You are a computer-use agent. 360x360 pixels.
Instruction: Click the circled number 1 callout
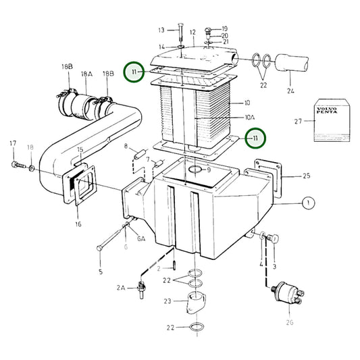[x=308, y=202]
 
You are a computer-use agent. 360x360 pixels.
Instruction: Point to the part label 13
[x=161, y=30]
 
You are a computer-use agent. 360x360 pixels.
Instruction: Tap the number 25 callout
[x=305, y=176]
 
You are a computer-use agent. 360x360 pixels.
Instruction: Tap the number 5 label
[x=100, y=272]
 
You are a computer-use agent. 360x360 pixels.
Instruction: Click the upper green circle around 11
[x=134, y=71]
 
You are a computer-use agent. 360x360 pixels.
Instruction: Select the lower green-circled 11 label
[x=255, y=138]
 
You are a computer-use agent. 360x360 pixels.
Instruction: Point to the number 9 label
[x=209, y=170]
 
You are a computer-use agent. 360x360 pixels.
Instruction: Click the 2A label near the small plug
[x=122, y=287]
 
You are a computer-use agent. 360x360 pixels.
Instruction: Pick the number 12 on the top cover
[x=192, y=32]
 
